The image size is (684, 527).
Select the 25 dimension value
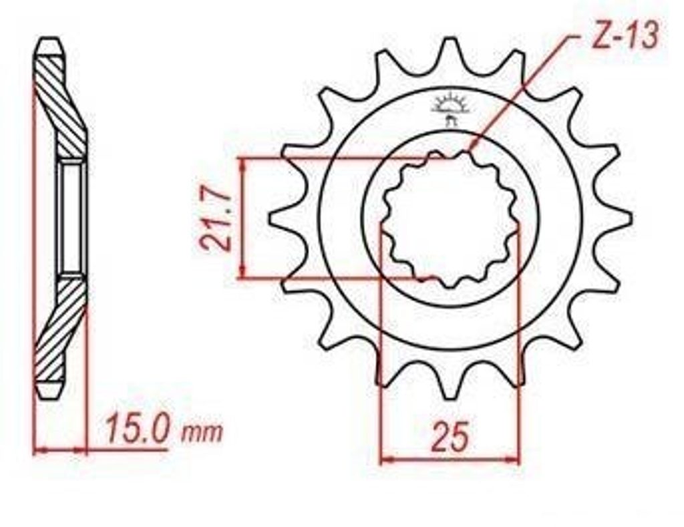tap(450, 435)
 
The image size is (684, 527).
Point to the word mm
tap(202, 432)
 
